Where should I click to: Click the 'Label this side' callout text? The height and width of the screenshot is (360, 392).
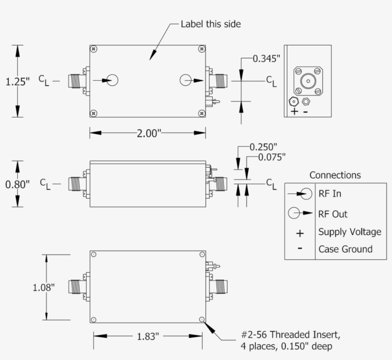pyautogui.click(x=210, y=24)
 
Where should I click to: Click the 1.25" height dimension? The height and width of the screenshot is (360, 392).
pyautogui.click(x=17, y=82)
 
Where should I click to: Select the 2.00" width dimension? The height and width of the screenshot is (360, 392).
pyautogui.click(x=147, y=134)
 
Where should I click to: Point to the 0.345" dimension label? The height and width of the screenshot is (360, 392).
pyautogui.click(x=266, y=59)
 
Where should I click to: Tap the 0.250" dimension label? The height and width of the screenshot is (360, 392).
pyautogui.click(x=263, y=147)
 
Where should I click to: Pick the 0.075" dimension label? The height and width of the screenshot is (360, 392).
pyautogui.click(x=272, y=157)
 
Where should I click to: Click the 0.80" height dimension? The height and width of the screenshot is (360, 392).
pyautogui.click(x=17, y=184)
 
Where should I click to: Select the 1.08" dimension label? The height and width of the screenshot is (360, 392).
pyautogui.click(x=44, y=287)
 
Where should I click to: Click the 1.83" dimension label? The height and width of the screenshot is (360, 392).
pyautogui.click(x=147, y=337)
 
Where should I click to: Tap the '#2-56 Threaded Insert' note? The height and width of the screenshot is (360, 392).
pyautogui.click(x=292, y=334)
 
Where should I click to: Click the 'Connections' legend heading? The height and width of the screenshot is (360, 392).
pyautogui.click(x=335, y=175)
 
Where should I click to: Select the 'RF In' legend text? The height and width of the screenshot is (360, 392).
pyautogui.click(x=330, y=194)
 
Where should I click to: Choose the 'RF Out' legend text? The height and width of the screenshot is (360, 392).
pyautogui.click(x=333, y=214)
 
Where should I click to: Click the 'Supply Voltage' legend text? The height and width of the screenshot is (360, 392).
pyautogui.click(x=350, y=232)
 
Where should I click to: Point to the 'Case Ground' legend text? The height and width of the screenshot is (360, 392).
pyautogui.click(x=345, y=249)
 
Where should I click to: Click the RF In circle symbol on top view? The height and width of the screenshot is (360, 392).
pyautogui.click(x=112, y=81)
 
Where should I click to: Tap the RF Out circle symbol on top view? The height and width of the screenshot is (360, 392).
pyautogui.click(x=185, y=81)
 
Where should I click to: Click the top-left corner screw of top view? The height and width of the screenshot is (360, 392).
pyautogui.click(x=94, y=49)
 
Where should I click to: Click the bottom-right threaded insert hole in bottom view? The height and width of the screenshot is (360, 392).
pyautogui.click(x=202, y=319)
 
